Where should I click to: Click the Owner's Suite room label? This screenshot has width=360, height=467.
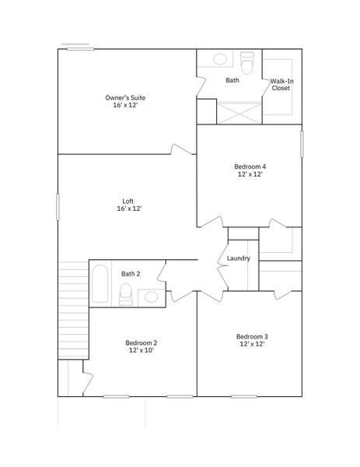click(125, 98)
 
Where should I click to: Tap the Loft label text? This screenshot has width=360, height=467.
click(128, 202)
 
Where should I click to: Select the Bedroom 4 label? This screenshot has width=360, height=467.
click(250, 167)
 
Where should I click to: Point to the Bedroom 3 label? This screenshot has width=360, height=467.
click(252, 336)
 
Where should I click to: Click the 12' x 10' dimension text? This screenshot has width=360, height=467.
click(142, 351)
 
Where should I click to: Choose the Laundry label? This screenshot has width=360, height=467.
click(238, 258)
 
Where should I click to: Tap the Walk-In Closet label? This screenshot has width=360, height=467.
click(281, 84)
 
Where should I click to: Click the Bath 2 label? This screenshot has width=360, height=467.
click(131, 273)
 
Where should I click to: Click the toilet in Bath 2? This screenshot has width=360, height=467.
click(125, 294)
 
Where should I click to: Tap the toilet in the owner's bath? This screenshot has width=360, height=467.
click(248, 61)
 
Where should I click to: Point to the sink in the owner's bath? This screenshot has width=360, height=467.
click(220, 59)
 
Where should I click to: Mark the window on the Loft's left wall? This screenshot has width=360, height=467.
click(58, 207)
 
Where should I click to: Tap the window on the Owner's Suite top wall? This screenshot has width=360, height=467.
click(80, 50)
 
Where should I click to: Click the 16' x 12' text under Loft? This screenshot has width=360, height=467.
click(128, 209)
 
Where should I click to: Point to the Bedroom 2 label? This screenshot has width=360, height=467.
click(142, 342)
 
